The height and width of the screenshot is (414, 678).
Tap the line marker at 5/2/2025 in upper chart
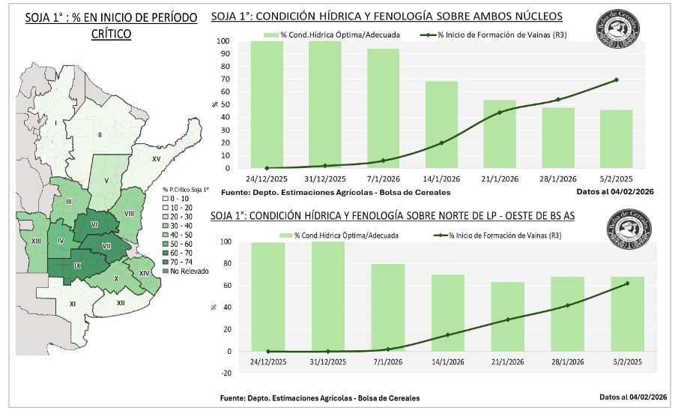[617, 79]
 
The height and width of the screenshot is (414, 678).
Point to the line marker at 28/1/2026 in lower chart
[568, 305]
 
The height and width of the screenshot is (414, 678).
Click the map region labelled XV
[157, 160]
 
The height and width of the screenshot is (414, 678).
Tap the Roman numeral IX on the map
[77, 265]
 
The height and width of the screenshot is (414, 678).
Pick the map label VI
[94, 224]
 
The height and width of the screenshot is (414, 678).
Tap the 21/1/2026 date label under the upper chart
[500, 178]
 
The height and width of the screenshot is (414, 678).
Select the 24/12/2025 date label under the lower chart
[267, 361]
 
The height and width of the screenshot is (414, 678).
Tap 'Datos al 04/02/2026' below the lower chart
[632, 397]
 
